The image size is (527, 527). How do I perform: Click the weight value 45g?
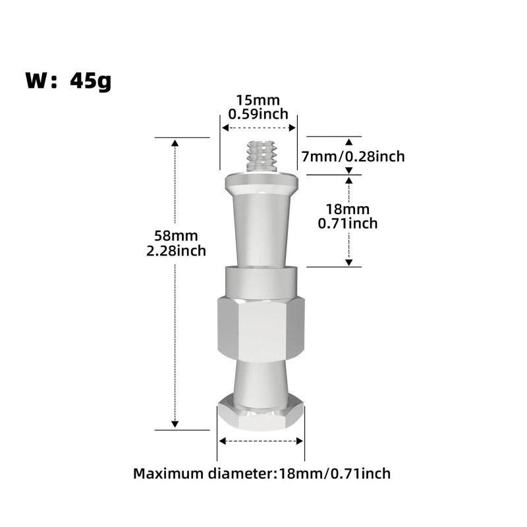[91, 81]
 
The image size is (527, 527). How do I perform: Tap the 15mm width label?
[258, 100]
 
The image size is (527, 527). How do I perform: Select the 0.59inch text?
[258, 114]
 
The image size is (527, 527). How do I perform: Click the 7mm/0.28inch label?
[353, 157]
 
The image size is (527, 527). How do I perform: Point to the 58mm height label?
[176, 236]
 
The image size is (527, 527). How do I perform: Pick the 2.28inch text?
[176, 251]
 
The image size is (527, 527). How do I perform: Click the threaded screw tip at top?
[262, 156]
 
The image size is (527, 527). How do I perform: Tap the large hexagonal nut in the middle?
[261, 329]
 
